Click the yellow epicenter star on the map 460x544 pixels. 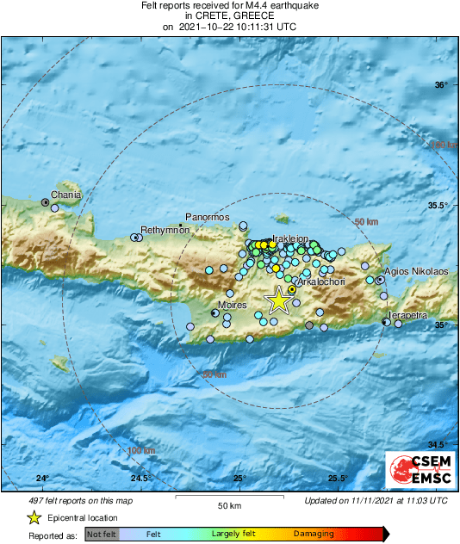(278, 300)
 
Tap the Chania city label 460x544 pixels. (67, 195)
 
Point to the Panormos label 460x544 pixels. (208, 217)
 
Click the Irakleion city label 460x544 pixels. (290, 237)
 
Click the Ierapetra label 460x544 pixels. (407, 316)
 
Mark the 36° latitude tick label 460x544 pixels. (441, 84)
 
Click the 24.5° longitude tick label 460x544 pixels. (141, 479)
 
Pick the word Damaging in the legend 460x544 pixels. (314, 535)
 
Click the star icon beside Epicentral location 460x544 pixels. (34, 518)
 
